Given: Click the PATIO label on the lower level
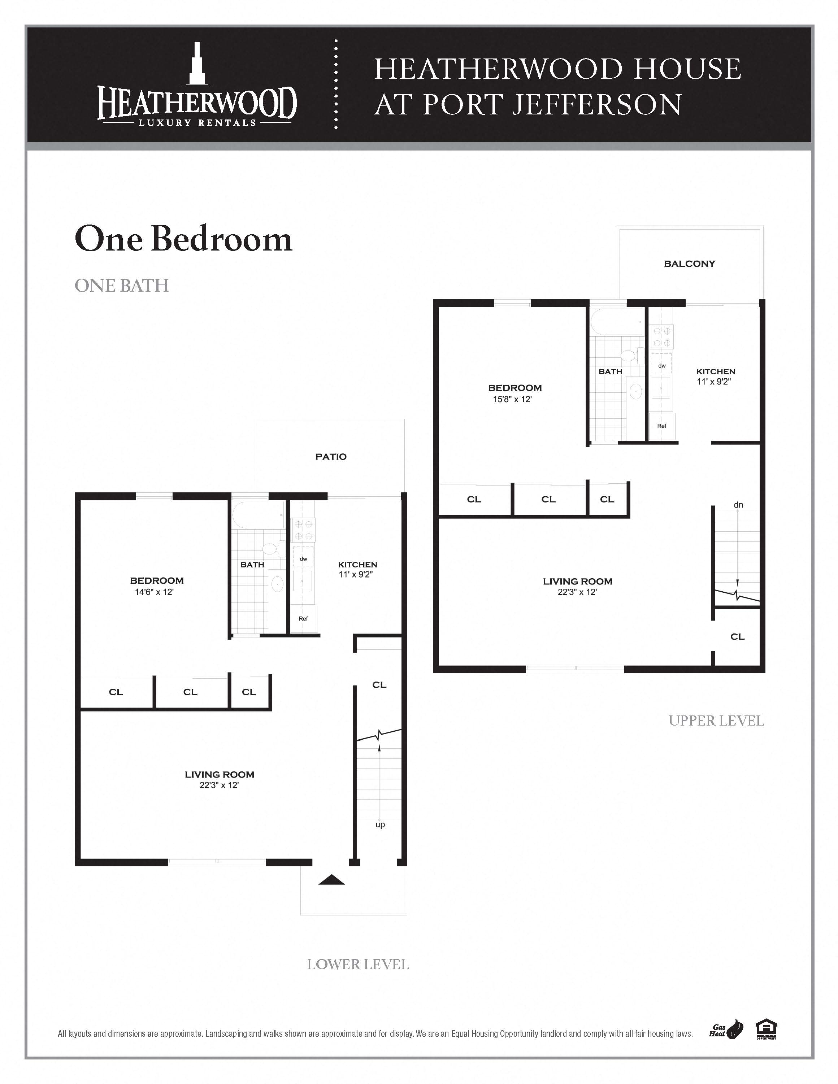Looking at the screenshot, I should coord(331,457).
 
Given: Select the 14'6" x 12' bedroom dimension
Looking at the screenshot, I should coord(154,592).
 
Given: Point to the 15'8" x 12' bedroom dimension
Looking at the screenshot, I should coord(512,399).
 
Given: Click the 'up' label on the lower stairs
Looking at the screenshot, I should coord(380,824).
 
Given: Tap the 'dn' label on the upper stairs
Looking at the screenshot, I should coord(738,505).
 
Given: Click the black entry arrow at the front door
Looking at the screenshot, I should coord(331,880).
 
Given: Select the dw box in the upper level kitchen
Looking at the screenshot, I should coord(662,365).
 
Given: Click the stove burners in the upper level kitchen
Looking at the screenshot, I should coord(662,336).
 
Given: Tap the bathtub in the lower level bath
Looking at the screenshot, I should coord(259,515).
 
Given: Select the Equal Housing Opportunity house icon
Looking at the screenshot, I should coord(766,1029).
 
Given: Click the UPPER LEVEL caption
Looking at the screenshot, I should coord(716,721).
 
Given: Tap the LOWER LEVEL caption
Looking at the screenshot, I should coord(358,965).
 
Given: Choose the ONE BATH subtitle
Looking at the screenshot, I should coord(122,286).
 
